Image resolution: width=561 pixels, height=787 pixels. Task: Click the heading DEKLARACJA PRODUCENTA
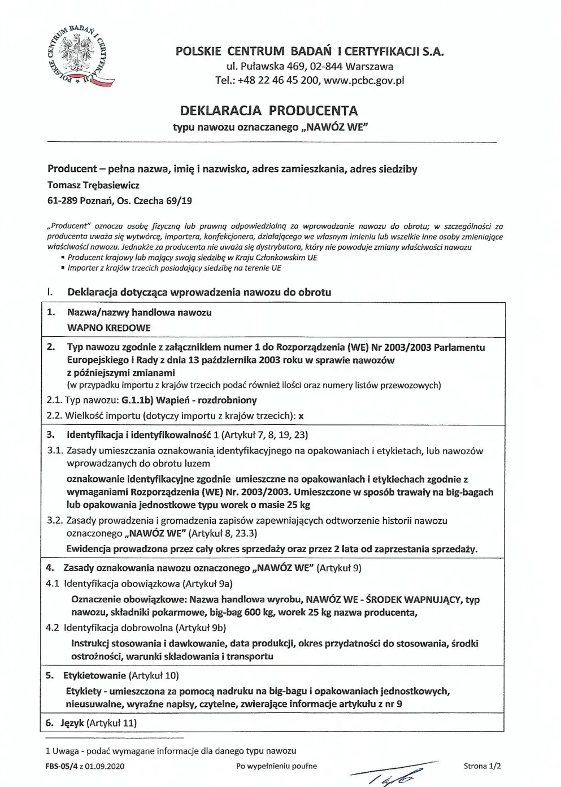[269, 110]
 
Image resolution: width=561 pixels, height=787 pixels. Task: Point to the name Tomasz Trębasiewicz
[93, 185]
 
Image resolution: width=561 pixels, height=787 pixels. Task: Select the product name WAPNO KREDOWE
[109, 328]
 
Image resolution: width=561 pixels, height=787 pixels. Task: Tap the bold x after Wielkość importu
[301, 416]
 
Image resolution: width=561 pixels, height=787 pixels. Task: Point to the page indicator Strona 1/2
[482, 766]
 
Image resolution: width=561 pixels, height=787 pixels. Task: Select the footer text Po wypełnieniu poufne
[276, 766]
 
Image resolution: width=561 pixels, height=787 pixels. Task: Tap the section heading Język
[71, 723]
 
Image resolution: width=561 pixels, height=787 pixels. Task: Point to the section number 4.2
[53, 627]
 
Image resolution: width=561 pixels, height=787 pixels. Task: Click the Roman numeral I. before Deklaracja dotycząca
[50, 292]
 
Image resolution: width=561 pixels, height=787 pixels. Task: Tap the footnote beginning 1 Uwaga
[171, 751]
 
